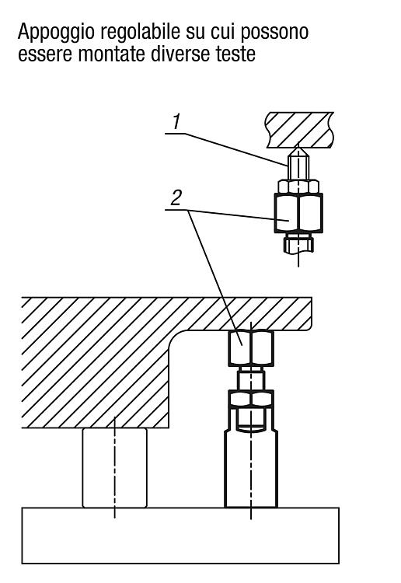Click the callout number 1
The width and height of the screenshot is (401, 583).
pos(176,122)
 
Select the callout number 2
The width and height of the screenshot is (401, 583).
pos(176,197)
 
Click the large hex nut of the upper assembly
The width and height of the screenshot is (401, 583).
pos(298,213)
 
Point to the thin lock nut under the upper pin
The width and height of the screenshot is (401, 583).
pos(298,187)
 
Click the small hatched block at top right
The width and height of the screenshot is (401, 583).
pos(299,130)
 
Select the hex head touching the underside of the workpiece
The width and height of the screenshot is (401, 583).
pos(251,348)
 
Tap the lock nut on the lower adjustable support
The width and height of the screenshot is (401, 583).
pos(251,399)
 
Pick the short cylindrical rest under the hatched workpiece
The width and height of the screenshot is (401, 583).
pos(115,468)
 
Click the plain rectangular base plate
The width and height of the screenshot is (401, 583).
pos(180,536)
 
